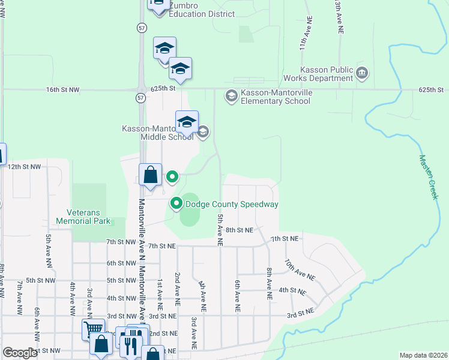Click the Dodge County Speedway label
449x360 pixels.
click(232, 204)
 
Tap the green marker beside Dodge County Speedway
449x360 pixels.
click(176, 204)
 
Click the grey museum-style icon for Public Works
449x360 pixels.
click(362, 74)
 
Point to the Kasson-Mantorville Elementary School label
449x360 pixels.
click(276, 97)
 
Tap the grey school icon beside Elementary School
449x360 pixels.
click(231, 96)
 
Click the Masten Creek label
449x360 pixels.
click(430, 177)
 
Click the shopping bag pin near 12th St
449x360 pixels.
click(151, 175)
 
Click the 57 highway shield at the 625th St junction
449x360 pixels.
click(140, 97)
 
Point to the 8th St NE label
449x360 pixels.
click(240, 230)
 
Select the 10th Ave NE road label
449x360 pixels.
click(300, 271)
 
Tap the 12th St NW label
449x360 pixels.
click(24, 166)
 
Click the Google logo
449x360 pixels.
click(20, 353)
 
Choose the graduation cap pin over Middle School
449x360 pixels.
click(187, 122)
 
